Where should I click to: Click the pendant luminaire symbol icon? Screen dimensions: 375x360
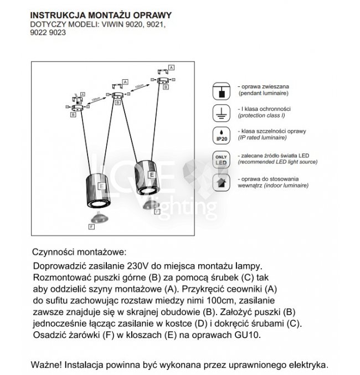pos(222,91)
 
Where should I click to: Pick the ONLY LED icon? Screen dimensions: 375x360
pos(222,159)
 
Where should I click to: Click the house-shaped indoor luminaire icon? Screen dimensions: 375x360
pos(222,182)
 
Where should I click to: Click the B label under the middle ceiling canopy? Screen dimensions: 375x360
pos(116,104)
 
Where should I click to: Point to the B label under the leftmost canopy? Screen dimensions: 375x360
pos(73,115)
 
